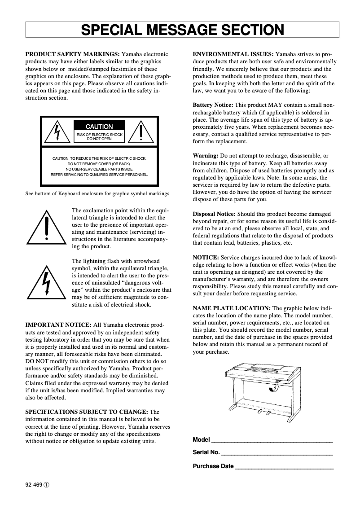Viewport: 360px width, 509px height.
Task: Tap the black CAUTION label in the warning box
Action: [x=99, y=127]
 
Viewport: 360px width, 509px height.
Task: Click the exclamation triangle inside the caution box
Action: [x=141, y=131]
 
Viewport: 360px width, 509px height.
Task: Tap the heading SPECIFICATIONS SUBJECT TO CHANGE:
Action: [x=86, y=412]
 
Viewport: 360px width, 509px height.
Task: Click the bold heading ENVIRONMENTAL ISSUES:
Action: [x=233, y=54]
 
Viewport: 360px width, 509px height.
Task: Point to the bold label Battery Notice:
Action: [x=213, y=105]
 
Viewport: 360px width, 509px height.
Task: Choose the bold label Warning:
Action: [x=205, y=156]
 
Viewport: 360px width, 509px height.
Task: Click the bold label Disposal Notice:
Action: [x=214, y=214]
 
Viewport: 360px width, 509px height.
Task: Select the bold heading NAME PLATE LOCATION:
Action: [x=232, y=308]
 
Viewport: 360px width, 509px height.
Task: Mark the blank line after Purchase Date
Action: [x=284, y=467]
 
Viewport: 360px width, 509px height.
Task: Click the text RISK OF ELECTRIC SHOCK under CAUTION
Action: [x=99, y=135]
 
